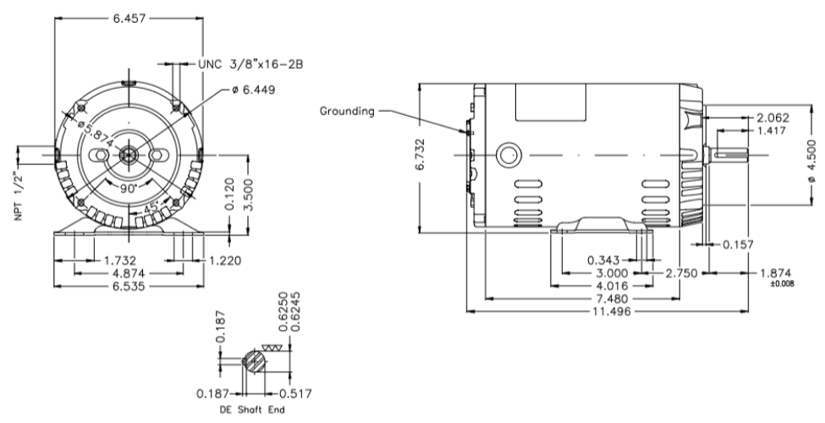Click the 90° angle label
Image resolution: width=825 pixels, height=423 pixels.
[128, 189]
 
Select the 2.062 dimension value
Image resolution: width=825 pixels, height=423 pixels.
[773, 118]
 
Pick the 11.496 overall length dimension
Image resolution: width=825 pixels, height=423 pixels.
[613, 311]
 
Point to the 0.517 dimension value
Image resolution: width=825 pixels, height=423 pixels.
[294, 394]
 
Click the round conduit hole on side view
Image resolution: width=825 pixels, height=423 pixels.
[508, 155]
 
